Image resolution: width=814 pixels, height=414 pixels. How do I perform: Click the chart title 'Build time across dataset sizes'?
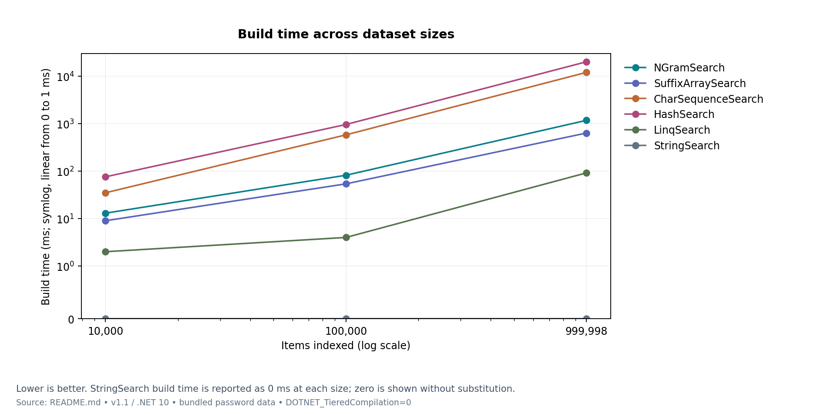click(x=346, y=34)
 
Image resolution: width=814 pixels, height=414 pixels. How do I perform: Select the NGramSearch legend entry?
click(x=674, y=68)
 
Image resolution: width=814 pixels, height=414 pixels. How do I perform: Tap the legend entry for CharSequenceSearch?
click(x=693, y=99)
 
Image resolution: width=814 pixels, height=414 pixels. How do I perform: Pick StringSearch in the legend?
click(x=672, y=146)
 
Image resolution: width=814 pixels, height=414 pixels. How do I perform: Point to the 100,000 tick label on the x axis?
click(x=346, y=331)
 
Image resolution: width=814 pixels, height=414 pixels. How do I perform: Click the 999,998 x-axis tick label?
click(x=586, y=331)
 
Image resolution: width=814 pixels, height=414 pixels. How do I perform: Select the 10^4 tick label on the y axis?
click(x=66, y=76)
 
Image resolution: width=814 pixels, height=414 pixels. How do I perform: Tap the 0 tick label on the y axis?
click(x=71, y=320)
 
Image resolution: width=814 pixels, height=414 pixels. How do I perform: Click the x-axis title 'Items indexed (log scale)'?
click(x=346, y=346)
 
